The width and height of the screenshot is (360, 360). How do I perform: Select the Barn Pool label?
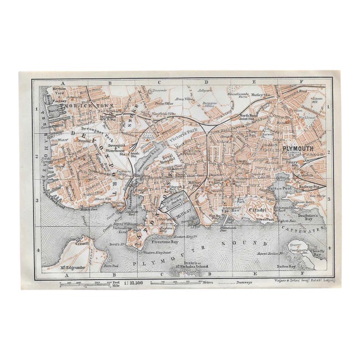pyautogui.click(x=110, y=266)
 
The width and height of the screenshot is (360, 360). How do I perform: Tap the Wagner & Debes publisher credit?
pyautogui.click(x=306, y=279)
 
